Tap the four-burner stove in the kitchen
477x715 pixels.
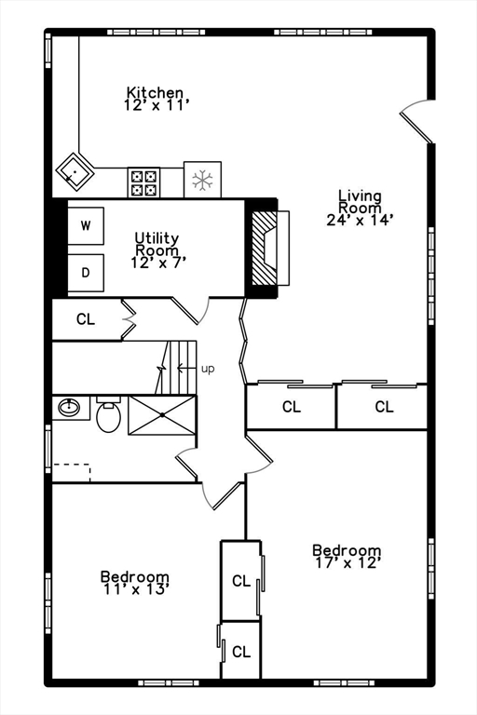[x=143, y=181]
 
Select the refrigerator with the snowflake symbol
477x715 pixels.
[x=202, y=180]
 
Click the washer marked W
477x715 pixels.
[x=86, y=225]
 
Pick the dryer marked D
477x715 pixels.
[x=86, y=272]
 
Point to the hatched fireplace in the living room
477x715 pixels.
[x=267, y=248]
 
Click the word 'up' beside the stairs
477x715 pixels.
[x=208, y=369]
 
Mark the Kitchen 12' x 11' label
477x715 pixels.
[x=157, y=99]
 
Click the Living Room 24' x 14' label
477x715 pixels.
[x=360, y=208]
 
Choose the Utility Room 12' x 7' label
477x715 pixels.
[x=157, y=250]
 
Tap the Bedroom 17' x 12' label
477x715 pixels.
[x=347, y=556]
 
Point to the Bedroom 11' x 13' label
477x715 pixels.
[x=135, y=583]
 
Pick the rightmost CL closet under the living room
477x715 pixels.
[x=383, y=407]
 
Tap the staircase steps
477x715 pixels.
[x=183, y=367]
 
